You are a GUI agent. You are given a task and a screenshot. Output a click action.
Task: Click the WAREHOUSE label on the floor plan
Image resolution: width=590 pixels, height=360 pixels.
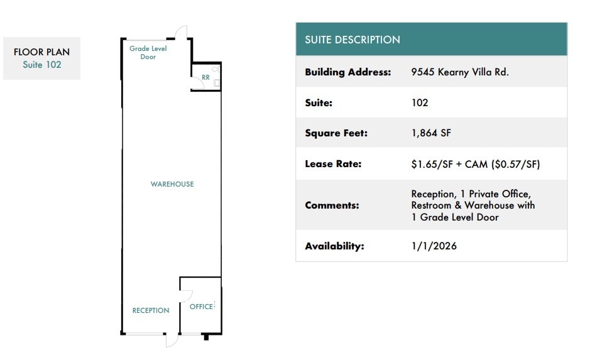pos(172,184)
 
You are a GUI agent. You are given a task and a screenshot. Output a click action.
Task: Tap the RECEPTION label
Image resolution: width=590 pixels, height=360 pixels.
pos(151,310)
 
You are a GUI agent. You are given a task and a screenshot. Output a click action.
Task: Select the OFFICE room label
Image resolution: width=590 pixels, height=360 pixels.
pos(201,307)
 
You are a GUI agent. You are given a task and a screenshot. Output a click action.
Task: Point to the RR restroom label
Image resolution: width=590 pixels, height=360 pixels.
pos(205,77)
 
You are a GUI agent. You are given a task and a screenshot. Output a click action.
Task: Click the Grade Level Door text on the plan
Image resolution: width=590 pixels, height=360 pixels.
pos(148,52)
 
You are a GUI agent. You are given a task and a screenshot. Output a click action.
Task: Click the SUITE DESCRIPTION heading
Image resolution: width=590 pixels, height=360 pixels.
pos(352,40)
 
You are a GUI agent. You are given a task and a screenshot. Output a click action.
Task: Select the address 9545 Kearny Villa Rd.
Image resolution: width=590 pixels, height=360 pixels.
pos(460,72)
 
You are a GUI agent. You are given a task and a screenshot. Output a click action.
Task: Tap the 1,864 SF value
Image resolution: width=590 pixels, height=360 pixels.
pos(431,133)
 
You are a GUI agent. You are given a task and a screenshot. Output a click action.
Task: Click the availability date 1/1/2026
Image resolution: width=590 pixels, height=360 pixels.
pos(434,246)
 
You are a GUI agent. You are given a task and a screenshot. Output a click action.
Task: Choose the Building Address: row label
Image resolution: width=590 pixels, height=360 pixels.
pos(348,72)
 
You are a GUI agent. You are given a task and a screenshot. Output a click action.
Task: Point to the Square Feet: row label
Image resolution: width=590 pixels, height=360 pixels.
pos(336,133)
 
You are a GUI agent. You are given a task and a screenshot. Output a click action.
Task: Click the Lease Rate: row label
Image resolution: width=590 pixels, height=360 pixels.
pos(333,163)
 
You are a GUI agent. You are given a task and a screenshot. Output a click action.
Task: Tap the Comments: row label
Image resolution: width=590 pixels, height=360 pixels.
pos(332,205)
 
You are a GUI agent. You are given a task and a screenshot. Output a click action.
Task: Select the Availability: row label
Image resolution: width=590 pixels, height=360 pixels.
pos(334,246)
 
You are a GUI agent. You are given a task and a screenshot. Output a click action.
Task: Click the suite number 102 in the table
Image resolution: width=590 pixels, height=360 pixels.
pos(420,102)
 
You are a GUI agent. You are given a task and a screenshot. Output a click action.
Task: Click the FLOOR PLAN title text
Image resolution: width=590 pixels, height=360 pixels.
pos(41,52)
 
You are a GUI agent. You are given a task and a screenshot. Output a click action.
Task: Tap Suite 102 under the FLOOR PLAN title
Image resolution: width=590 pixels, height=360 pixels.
pos(41,65)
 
